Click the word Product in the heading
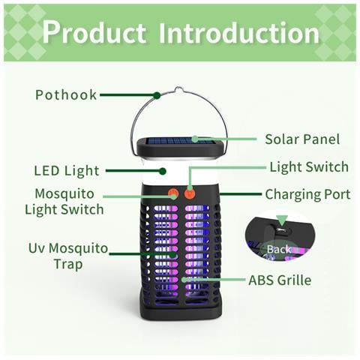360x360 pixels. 94,32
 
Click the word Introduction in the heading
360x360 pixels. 239,32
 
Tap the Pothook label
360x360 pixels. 66,95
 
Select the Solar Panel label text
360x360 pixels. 302,139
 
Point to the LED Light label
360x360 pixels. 67,171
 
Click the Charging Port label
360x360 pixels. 307,195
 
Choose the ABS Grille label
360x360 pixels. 280,280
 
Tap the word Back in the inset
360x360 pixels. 279,249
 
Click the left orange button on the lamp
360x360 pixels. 172,193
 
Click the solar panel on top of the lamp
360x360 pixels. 179,141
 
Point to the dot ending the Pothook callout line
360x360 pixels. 157,95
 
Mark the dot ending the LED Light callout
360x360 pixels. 163,171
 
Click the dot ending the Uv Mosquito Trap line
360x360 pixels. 172,254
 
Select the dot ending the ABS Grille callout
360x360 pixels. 184,280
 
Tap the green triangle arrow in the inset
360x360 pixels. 282,220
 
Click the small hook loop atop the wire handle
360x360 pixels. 179,89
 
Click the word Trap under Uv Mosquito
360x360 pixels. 68,265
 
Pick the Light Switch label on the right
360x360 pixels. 309,166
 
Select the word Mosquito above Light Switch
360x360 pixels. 64,194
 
